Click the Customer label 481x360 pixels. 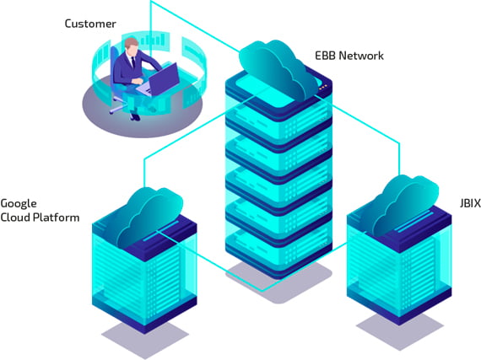pyautogui.click(x=90, y=24)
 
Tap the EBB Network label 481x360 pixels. pyautogui.click(x=349, y=56)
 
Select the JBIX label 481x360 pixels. pyautogui.click(x=470, y=203)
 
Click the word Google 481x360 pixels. pyautogui.click(x=19, y=204)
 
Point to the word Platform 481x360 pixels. pyautogui.click(x=56, y=218)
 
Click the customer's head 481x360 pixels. pyautogui.click(x=132, y=47)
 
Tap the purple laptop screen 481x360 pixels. pyautogui.click(x=164, y=79)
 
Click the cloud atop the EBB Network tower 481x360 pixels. pyautogui.click(x=278, y=70)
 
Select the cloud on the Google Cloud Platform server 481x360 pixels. pyautogui.click(x=150, y=217)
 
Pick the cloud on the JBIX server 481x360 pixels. pyautogui.click(x=406, y=205)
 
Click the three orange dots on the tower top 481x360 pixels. pyautogui.click(x=323, y=89)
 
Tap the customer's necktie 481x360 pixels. pyautogui.click(x=133, y=62)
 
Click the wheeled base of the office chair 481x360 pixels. pyautogui.click(x=119, y=105)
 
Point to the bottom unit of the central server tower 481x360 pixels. pyautogui.click(x=278, y=251)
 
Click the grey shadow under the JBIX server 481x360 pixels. pyautogui.click(x=400, y=331)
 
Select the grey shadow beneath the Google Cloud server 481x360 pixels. pyautogui.click(x=145, y=340)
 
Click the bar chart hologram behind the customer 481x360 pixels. pyautogui.click(x=153, y=40)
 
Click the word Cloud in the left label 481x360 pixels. pyautogui.click(x=15, y=218)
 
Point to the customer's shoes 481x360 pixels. pyautogui.click(x=135, y=117)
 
